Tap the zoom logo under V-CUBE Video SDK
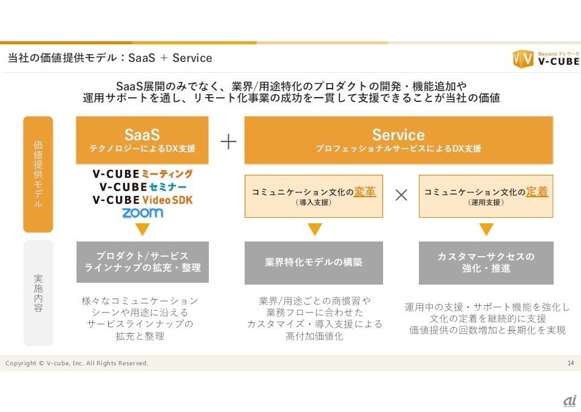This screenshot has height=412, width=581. point(143,212)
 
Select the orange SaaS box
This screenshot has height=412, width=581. point(142,140)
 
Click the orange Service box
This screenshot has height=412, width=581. point(398,140)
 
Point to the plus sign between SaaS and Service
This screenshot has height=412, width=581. point(228,142)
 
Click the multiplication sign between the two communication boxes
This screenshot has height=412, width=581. point(401,195)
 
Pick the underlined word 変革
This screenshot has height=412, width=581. point(365,192)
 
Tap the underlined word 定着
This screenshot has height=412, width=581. point(537,192)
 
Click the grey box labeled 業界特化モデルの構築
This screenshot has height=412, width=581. point(313,263)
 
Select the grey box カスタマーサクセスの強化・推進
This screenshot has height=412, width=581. point(486,263)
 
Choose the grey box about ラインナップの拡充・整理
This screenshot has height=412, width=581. point(142,262)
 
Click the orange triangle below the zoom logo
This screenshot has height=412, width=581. point(143,229)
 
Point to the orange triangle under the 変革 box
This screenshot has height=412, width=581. point(314,229)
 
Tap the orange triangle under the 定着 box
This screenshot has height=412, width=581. point(486,229)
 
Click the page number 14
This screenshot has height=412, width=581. point(570,363)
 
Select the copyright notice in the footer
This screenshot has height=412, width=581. point(76,363)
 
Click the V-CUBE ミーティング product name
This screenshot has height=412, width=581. point(143,174)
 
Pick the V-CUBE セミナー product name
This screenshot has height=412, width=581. point(143,186)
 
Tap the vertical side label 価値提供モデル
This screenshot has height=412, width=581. point(38,175)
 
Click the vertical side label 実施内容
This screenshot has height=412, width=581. point(38,293)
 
